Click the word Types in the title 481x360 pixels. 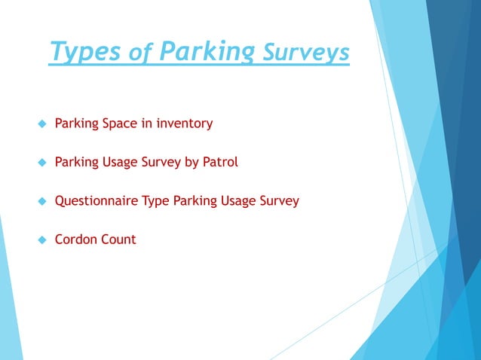[x=84, y=53]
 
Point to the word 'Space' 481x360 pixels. [x=121, y=124]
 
